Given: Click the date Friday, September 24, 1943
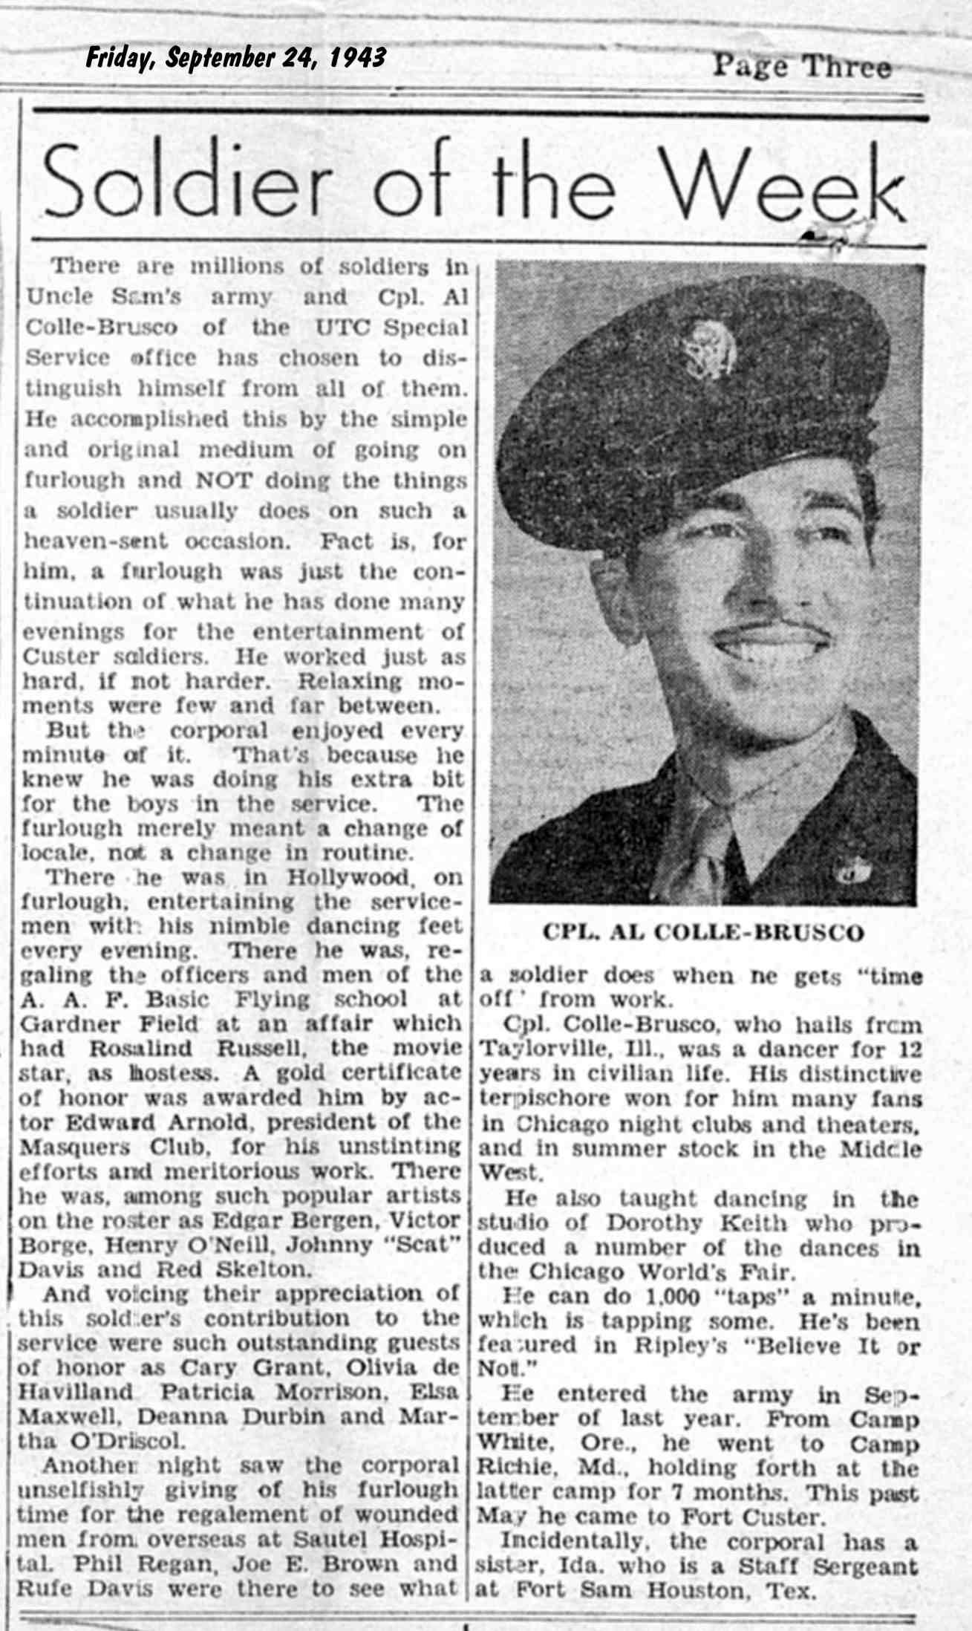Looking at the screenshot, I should (235, 58).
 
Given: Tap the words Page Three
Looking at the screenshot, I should (801, 68).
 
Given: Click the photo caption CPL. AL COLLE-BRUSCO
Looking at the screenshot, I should (704, 934).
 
